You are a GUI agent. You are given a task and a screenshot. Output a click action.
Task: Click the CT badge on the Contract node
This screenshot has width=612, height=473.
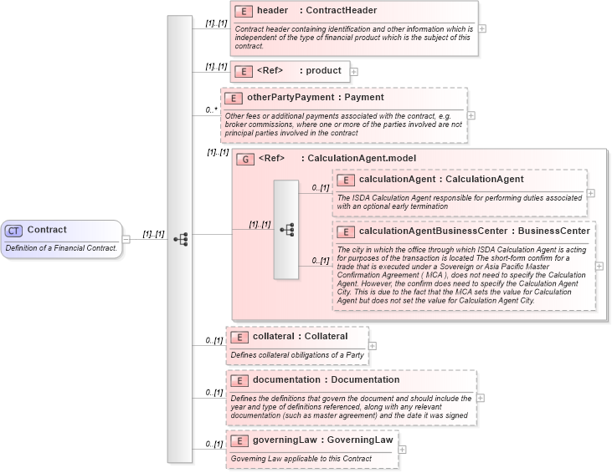coord(14,230)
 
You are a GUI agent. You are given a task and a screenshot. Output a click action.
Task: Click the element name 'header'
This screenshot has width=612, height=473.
coord(272,11)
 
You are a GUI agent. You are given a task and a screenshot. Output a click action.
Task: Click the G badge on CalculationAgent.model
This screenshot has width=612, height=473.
coord(246,158)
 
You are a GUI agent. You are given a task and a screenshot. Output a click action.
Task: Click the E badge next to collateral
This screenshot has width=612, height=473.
coord(239,336)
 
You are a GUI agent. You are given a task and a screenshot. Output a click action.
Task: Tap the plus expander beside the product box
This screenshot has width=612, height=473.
coord(354,72)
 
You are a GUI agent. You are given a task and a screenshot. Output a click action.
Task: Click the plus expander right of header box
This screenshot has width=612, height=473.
coord(482,28)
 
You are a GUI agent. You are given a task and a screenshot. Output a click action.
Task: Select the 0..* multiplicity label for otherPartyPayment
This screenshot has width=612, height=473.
coord(211,109)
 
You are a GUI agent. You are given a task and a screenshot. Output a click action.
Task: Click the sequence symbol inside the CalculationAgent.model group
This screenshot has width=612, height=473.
coord(285,229)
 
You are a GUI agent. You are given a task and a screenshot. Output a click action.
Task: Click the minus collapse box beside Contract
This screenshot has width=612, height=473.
coord(126,238)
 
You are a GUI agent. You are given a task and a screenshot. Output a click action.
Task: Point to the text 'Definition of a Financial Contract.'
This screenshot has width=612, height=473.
coord(61,247)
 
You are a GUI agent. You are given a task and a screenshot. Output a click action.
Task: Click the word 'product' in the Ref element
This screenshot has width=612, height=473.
coord(323,71)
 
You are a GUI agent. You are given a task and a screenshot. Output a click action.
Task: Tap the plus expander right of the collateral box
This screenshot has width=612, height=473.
coord(373,345)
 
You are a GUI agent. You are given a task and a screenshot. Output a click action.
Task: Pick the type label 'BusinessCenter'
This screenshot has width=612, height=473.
coord(553,231)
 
